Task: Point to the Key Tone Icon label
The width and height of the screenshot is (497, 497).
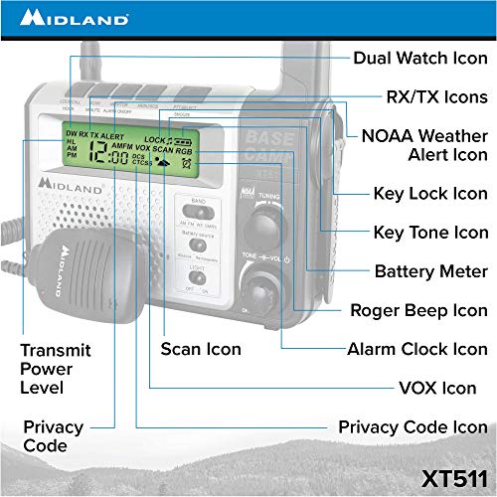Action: [429, 232]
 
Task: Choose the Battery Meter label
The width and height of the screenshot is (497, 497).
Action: [430, 270]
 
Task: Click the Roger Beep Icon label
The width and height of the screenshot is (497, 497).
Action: [418, 310]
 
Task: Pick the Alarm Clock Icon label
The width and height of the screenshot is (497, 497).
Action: [416, 349]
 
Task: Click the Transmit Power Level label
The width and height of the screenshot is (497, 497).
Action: [56, 368]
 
